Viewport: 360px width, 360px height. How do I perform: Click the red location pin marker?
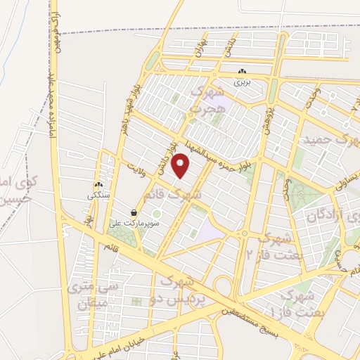(182, 165)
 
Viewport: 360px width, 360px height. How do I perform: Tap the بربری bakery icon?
(242, 72)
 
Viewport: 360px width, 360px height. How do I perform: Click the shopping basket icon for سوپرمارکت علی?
(134, 212)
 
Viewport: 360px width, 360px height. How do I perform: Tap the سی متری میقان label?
(89, 295)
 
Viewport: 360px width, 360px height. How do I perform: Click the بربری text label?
(242, 82)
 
